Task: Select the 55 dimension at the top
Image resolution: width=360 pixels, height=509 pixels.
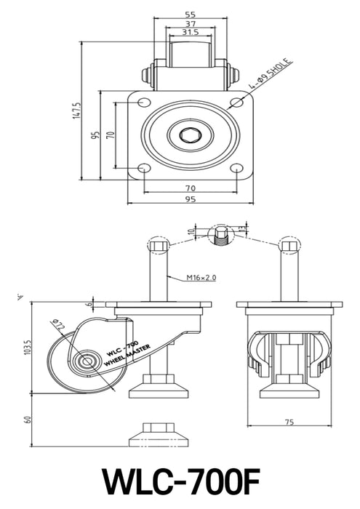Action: [191, 14]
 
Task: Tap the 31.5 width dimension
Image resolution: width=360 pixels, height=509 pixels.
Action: [191, 33]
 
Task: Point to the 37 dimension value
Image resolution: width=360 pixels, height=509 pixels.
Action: [191, 23]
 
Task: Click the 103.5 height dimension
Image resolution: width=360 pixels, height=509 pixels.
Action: [27, 348]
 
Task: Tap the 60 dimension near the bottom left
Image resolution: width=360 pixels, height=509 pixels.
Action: [27, 420]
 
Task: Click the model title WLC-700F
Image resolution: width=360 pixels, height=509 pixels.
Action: [180, 481]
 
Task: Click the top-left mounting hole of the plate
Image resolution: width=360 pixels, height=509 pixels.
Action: [143, 101]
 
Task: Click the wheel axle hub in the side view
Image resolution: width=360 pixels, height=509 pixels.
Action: [87, 361]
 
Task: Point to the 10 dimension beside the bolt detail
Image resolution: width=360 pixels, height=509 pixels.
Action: [191, 233]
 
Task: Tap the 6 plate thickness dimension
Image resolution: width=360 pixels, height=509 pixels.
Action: [89, 304]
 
